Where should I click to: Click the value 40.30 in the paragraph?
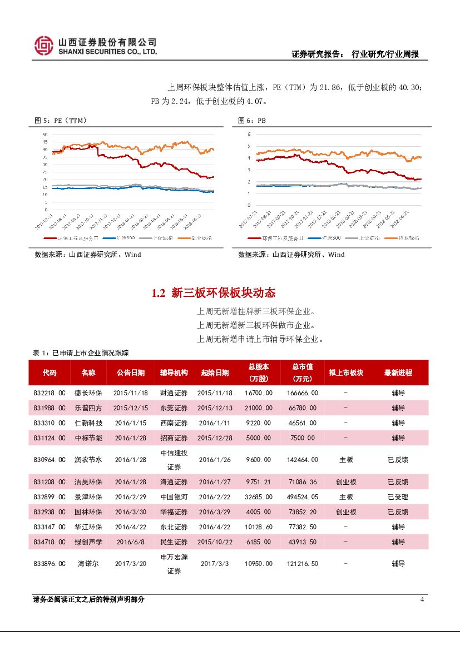pos(411,87)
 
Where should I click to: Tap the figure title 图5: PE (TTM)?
pos(61,121)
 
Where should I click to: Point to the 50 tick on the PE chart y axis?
pos(45,135)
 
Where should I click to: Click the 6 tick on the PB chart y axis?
pos(249,134)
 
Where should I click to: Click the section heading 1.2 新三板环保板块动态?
pos(214,293)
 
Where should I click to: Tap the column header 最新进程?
pos(398,373)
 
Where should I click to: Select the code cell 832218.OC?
pos(50,393)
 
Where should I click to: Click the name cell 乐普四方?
pos(88,408)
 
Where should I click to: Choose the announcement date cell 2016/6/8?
pos(129,542)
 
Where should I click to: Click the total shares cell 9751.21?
pos(258,482)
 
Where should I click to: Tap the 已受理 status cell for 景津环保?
pos(398,497)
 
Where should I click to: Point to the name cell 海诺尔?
pos(88,563)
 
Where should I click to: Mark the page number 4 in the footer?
pos(422,599)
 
